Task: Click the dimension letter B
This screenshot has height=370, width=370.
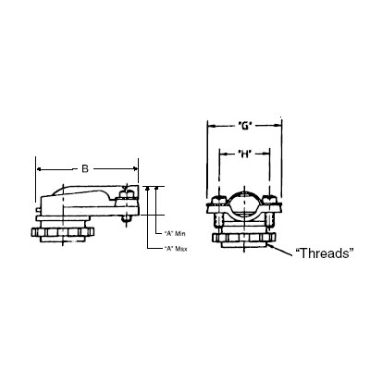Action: coord(86,168)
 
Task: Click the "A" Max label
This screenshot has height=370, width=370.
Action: coord(176,248)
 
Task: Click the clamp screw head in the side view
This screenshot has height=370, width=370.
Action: coord(126,193)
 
